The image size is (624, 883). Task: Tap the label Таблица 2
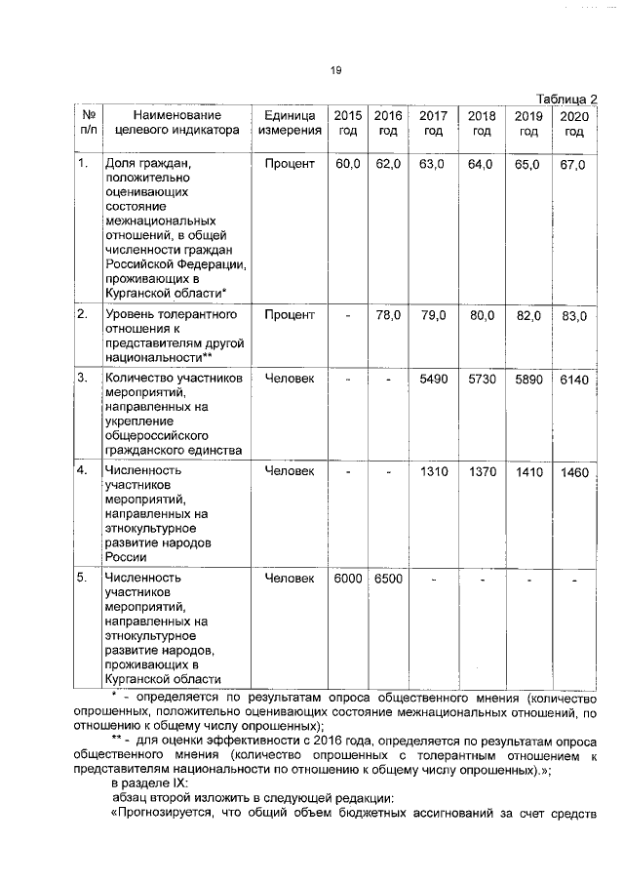pos(565,100)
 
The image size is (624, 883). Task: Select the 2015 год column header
pos(347,123)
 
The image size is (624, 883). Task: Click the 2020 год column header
pos(574,124)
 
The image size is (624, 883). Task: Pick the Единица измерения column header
pos(290,123)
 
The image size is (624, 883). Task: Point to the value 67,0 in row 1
pos(573,165)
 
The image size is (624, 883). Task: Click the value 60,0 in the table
pos(347,164)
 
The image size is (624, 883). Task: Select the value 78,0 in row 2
pos(388,315)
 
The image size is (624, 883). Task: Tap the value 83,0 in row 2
pos(574,317)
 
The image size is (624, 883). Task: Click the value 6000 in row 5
pos(347,579)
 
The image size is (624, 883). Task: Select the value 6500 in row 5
pos(388,579)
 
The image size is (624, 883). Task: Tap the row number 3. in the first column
pos(84,378)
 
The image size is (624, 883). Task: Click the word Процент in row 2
pos(290,315)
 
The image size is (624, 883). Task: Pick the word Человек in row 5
pos(290,579)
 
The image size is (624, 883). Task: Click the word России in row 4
pos(126,558)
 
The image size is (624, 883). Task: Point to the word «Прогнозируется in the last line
pos(169,816)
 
